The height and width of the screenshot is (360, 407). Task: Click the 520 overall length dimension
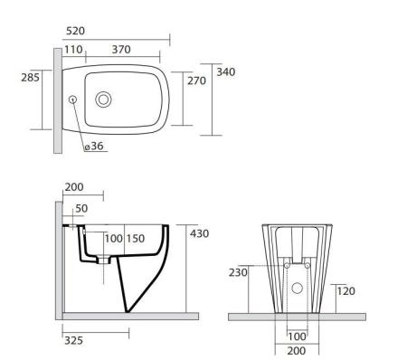pyautogui.click(x=75, y=31)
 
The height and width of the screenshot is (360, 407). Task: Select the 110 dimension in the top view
pyautogui.click(x=73, y=50)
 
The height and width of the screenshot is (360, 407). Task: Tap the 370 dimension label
pyautogui.click(x=121, y=50)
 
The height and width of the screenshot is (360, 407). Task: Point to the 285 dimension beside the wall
pyautogui.click(x=30, y=78)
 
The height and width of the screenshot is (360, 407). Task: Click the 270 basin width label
pyautogui.click(x=196, y=81)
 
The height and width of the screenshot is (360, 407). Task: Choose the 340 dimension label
pyautogui.click(x=226, y=72)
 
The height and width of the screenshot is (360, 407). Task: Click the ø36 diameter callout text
pyautogui.click(x=94, y=146)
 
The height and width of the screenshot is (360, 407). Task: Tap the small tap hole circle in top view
pyautogui.click(x=72, y=99)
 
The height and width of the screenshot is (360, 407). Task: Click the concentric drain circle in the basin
pyautogui.click(x=103, y=99)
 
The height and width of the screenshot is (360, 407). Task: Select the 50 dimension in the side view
pyautogui.click(x=81, y=208)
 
